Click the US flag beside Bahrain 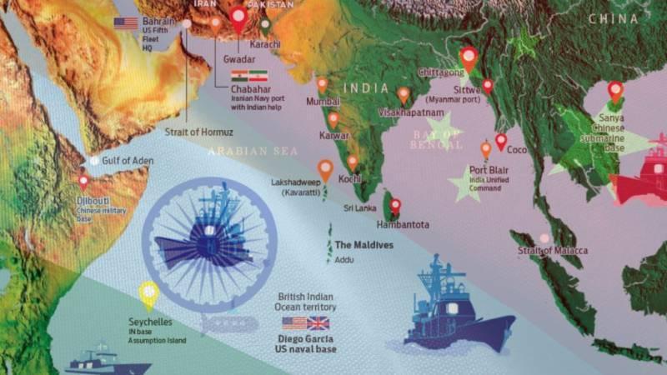click(x=126, y=23)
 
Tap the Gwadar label click(x=238, y=60)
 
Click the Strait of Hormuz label click(x=199, y=132)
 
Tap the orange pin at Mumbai click(x=322, y=84)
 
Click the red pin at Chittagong click(x=469, y=57)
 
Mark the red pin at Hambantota click(x=395, y=205)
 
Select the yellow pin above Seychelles click(x=148, y=291)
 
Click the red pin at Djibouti click(x=83, y=180)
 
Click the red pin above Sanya click(x=615, y=90)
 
